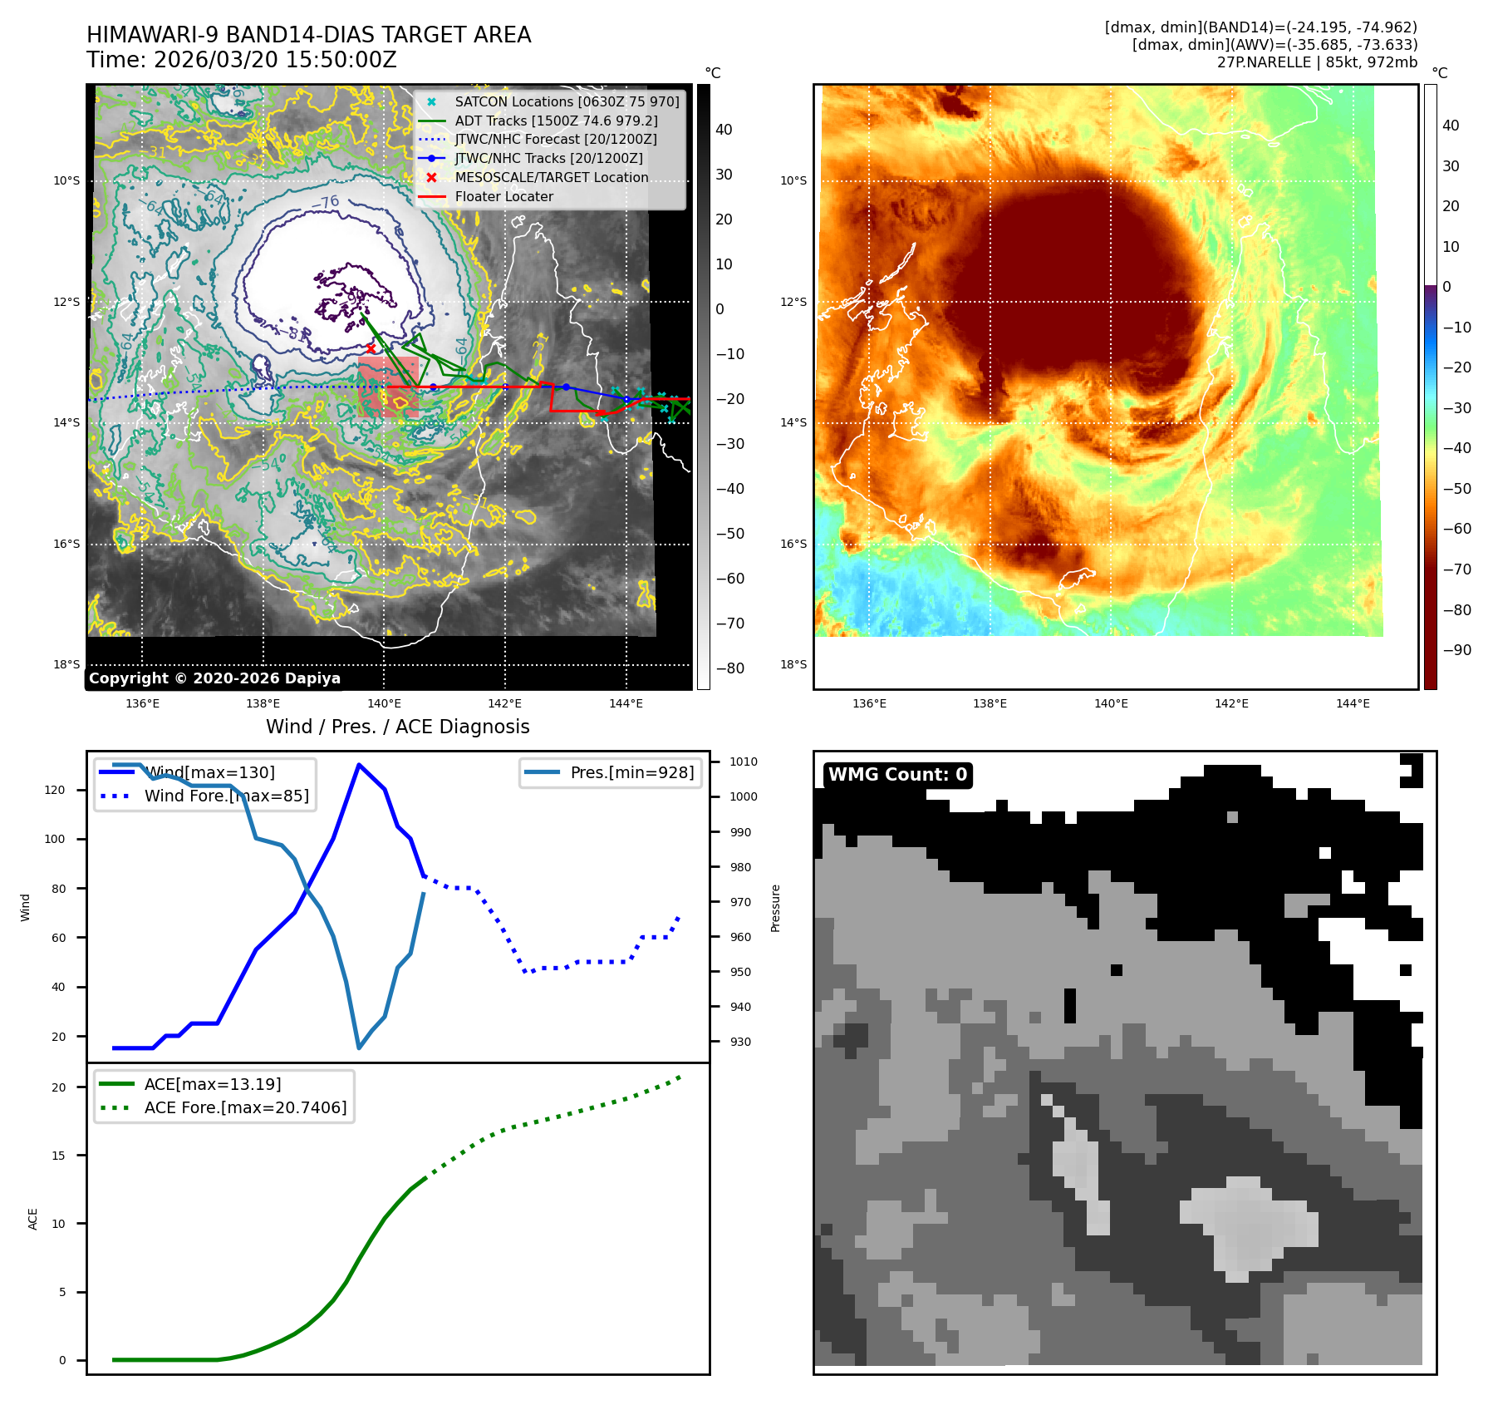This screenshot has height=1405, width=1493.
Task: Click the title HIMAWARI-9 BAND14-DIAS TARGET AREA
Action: [x=308, y=36]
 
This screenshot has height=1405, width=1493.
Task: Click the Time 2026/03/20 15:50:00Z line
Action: [x=241, y=61]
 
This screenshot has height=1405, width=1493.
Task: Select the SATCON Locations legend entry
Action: [x=567, y=101]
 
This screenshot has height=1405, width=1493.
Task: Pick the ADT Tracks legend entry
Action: [x=556, y=121]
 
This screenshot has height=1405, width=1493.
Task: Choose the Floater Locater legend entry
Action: [x=503, y=197]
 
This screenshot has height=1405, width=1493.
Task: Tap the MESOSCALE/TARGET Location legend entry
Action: [x=551, y=178]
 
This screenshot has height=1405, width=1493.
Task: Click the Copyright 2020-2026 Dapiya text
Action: [x=214, y=678]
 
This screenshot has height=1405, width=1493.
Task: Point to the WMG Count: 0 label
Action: [x=897, y=775]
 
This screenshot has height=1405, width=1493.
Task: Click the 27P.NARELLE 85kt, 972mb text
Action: [x=1317, y=62]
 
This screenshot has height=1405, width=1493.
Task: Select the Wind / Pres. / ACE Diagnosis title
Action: [x=397, y=727]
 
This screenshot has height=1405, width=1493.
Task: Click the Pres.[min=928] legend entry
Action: [x=631, y=772]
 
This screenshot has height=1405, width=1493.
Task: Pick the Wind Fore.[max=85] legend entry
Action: [x=226, y=796]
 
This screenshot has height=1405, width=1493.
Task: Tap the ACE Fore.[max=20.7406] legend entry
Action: [x=245, y=1107]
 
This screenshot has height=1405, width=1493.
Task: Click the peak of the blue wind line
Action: [x=358, y=765]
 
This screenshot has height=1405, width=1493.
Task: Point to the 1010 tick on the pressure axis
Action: [x=743, y=762]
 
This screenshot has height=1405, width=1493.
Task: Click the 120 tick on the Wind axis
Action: [x=55, y=790]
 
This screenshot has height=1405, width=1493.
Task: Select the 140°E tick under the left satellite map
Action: [x=384, y=703]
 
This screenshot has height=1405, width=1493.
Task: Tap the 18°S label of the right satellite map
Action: [x=793, y=664]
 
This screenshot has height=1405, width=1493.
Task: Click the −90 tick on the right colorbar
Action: [x=1456, y=650]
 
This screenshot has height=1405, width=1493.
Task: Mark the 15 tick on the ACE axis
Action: [x=58, y=1156]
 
